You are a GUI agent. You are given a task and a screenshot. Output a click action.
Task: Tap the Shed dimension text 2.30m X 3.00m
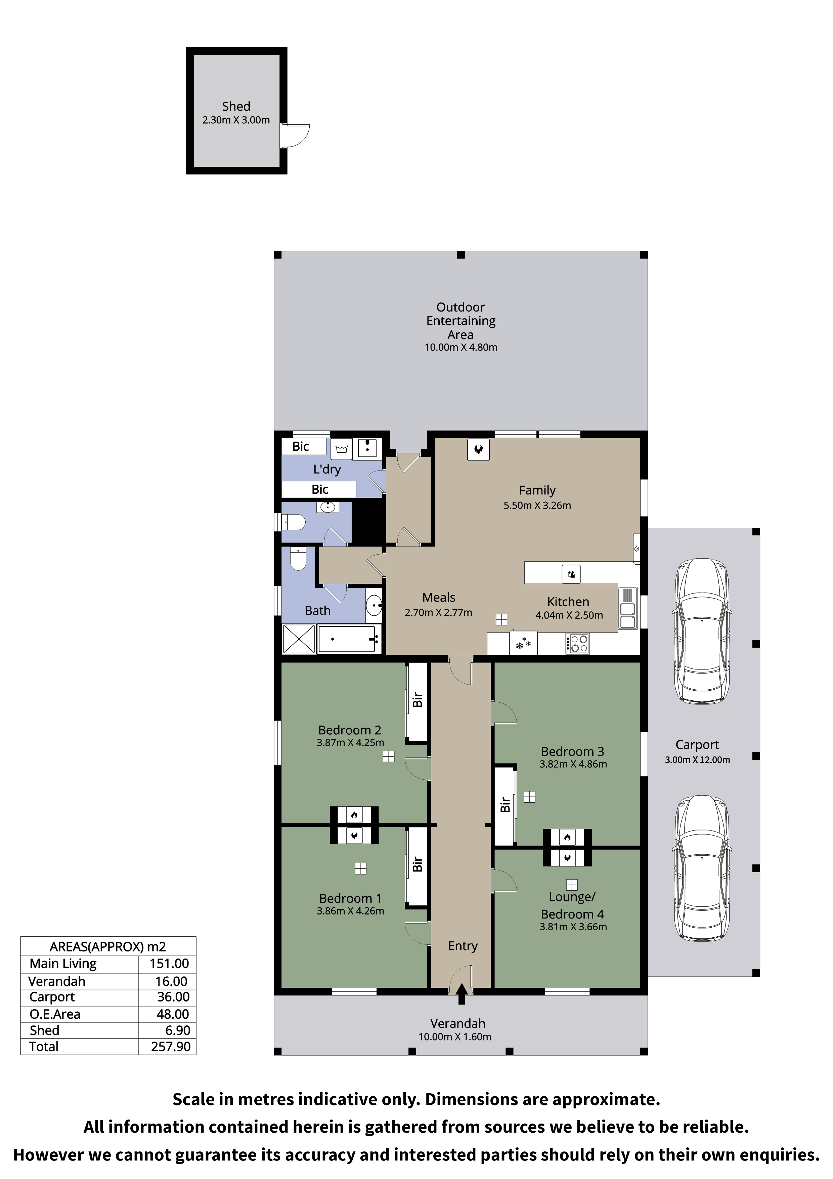[236, 120]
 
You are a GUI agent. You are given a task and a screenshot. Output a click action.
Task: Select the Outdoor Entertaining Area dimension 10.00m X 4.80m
[461, 347]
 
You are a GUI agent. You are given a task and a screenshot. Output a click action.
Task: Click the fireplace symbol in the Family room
[478, 450]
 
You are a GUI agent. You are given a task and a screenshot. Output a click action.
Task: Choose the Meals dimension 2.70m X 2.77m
[438, 613]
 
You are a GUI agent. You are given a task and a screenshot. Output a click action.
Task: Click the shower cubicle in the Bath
[298, 638]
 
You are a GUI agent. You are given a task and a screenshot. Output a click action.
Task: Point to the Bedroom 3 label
[572, 752]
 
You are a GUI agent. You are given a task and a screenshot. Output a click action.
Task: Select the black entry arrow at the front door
[462, 993]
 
